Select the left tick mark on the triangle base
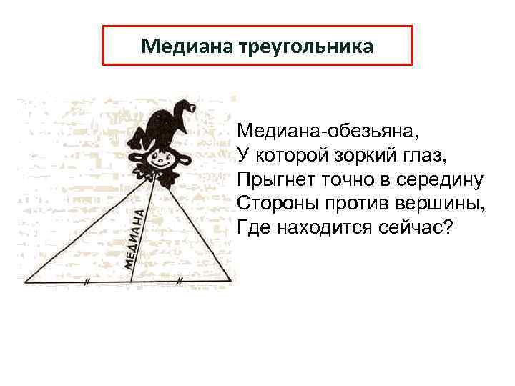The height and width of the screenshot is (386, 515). (86, 282)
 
